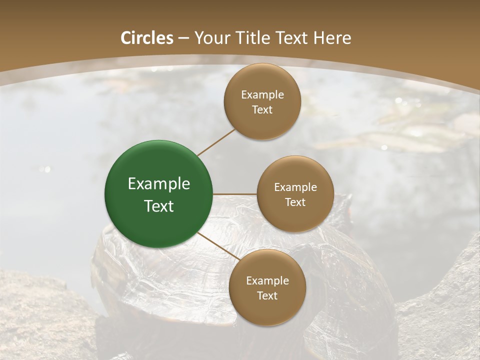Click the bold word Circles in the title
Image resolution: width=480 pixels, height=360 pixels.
(x=147, y=38)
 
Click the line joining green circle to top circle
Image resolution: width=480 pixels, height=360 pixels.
(x=216, y=142)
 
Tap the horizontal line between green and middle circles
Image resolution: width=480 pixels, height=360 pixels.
(x=235, y=194)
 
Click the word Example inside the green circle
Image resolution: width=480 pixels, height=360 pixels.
(x=159, y=184)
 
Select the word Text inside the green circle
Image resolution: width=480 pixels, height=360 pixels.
(x=159, y=206)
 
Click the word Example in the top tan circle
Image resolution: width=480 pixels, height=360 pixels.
(x=262, y=95)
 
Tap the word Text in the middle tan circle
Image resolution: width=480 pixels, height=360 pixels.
(x=295, y=202)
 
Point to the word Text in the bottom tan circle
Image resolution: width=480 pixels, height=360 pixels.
(x=267, y=295)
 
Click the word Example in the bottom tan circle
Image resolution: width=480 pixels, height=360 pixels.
(x=267, y=281)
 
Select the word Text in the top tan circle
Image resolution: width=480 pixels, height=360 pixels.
(x=262, y=109)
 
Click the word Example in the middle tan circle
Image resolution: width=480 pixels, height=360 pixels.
(x=295, y=187)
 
